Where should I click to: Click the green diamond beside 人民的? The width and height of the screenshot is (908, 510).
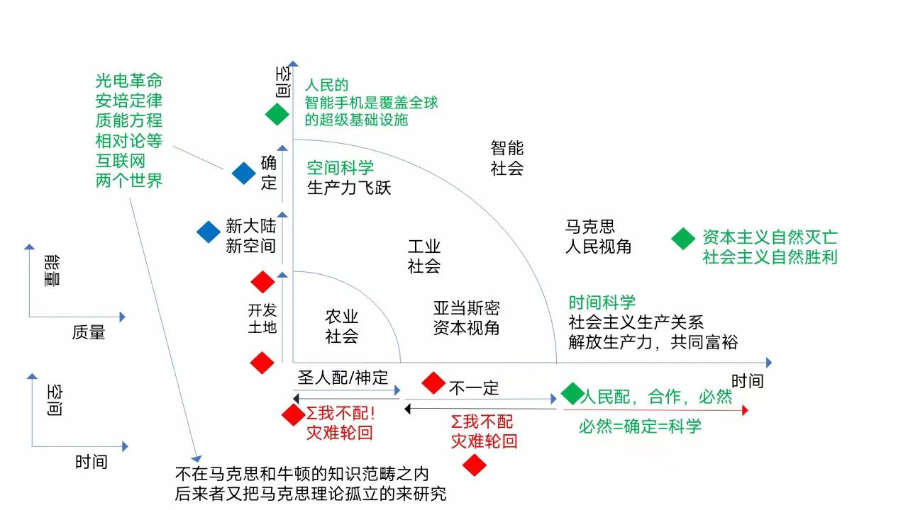tap(277, 114)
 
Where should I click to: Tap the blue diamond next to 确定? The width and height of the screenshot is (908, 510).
tap(243, 173)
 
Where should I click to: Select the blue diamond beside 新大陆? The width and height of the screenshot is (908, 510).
tap(209, 232)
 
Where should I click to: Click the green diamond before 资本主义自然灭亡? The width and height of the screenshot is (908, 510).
tap(683, 239)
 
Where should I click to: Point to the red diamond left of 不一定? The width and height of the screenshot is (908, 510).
tap(433, 383)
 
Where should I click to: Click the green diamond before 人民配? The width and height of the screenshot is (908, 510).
tap(572, 394)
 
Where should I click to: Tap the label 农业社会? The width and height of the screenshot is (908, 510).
tap(342, 326)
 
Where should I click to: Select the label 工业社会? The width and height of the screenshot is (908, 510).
tap(424, 256)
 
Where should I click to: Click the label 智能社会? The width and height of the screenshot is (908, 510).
tap(507, 158)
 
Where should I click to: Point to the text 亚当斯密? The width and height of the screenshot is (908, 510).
tap(466, 308)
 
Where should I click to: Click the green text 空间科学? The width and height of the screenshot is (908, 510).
tap(340, 168)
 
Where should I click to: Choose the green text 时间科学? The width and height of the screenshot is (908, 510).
tap(602, 303)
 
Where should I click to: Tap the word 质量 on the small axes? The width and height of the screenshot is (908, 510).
tap(89, 331)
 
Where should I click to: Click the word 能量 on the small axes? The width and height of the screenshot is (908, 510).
tap(52, 271)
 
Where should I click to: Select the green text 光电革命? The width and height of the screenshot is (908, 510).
tap(129, 81)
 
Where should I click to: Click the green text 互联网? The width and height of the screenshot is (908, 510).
tap(120, 161)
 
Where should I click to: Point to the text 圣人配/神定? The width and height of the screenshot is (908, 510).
tap(343, 378)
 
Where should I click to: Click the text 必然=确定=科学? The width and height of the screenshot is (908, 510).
tap(640, 426)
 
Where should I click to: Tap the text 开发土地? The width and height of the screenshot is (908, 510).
tap(262, 318)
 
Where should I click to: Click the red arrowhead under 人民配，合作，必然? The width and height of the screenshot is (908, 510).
tap(744, 410)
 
